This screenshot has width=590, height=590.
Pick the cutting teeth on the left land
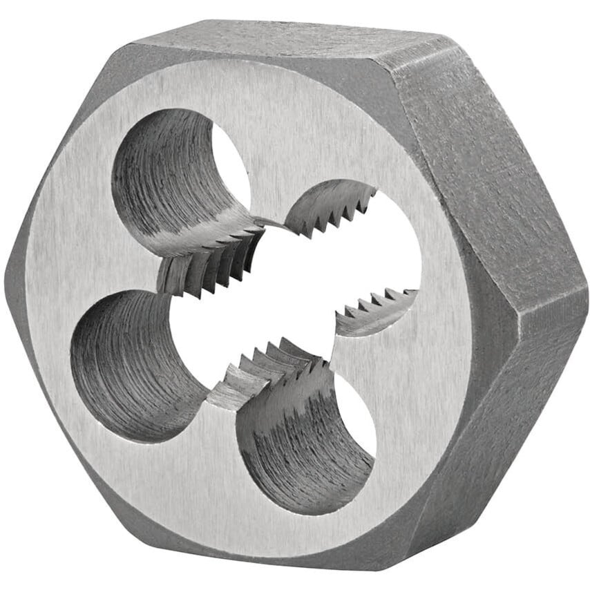tap(207, 266)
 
